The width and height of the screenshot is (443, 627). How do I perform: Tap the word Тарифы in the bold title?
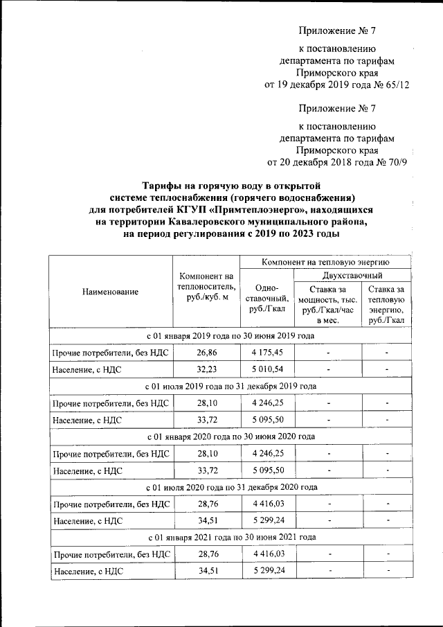point(163,186)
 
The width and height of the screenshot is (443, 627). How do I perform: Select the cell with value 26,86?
point(205,353)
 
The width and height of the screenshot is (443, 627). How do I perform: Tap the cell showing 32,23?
point(205,370)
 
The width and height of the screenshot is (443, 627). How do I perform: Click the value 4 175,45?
point(266,353)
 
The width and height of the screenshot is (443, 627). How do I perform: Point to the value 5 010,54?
point(266,370)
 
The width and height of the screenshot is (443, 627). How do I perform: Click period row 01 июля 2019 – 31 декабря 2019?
point(231,386)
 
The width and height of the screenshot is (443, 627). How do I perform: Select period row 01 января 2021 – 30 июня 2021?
point(231,537)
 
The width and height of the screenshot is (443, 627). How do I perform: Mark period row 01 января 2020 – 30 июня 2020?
point(231,436)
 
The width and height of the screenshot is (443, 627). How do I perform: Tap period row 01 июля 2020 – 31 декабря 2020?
point(231,486)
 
